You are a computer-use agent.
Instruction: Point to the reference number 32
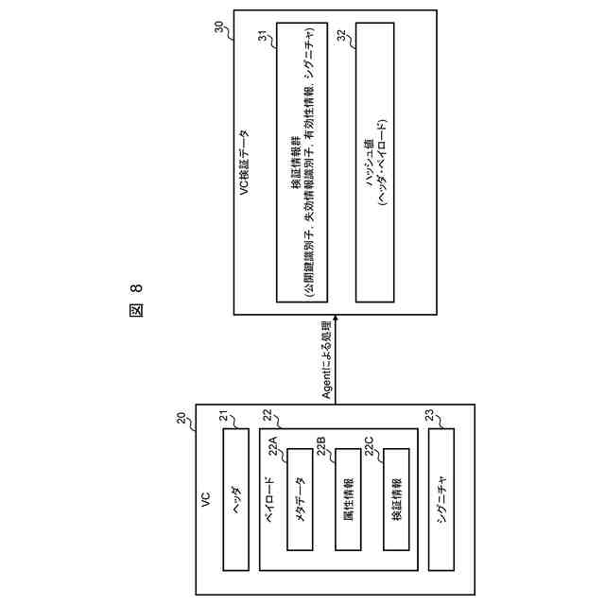tap(341, 35)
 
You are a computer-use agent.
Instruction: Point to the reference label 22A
tap(274, 441)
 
